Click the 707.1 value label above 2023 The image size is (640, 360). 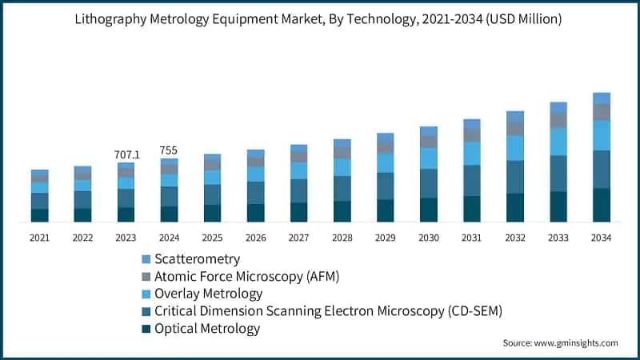(x=126, y=154)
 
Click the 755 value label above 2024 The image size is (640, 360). (x=169, y=150)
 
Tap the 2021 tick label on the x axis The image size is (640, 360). (x=39, y=238)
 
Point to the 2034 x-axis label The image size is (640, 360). (x=602, y=238)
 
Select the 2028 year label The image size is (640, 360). (x=342, y=238)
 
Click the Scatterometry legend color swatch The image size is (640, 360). (x=146, y=259)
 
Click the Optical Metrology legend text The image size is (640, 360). (x=207, y=328)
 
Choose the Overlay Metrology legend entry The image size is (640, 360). (x=208, y=294)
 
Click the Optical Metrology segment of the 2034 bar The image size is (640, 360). (x=602, y=205)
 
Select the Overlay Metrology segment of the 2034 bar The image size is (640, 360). (x=602, y=135)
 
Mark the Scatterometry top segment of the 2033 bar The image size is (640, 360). (x=558, y=107)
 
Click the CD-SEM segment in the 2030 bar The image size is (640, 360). (x=429, y=183)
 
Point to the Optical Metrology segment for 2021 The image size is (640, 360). (x=39, y=215)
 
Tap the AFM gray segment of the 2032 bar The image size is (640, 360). (x=515, y=128)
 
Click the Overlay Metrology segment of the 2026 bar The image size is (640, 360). (x=255, y=174)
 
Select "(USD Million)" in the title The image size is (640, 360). (x=520, y=18)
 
